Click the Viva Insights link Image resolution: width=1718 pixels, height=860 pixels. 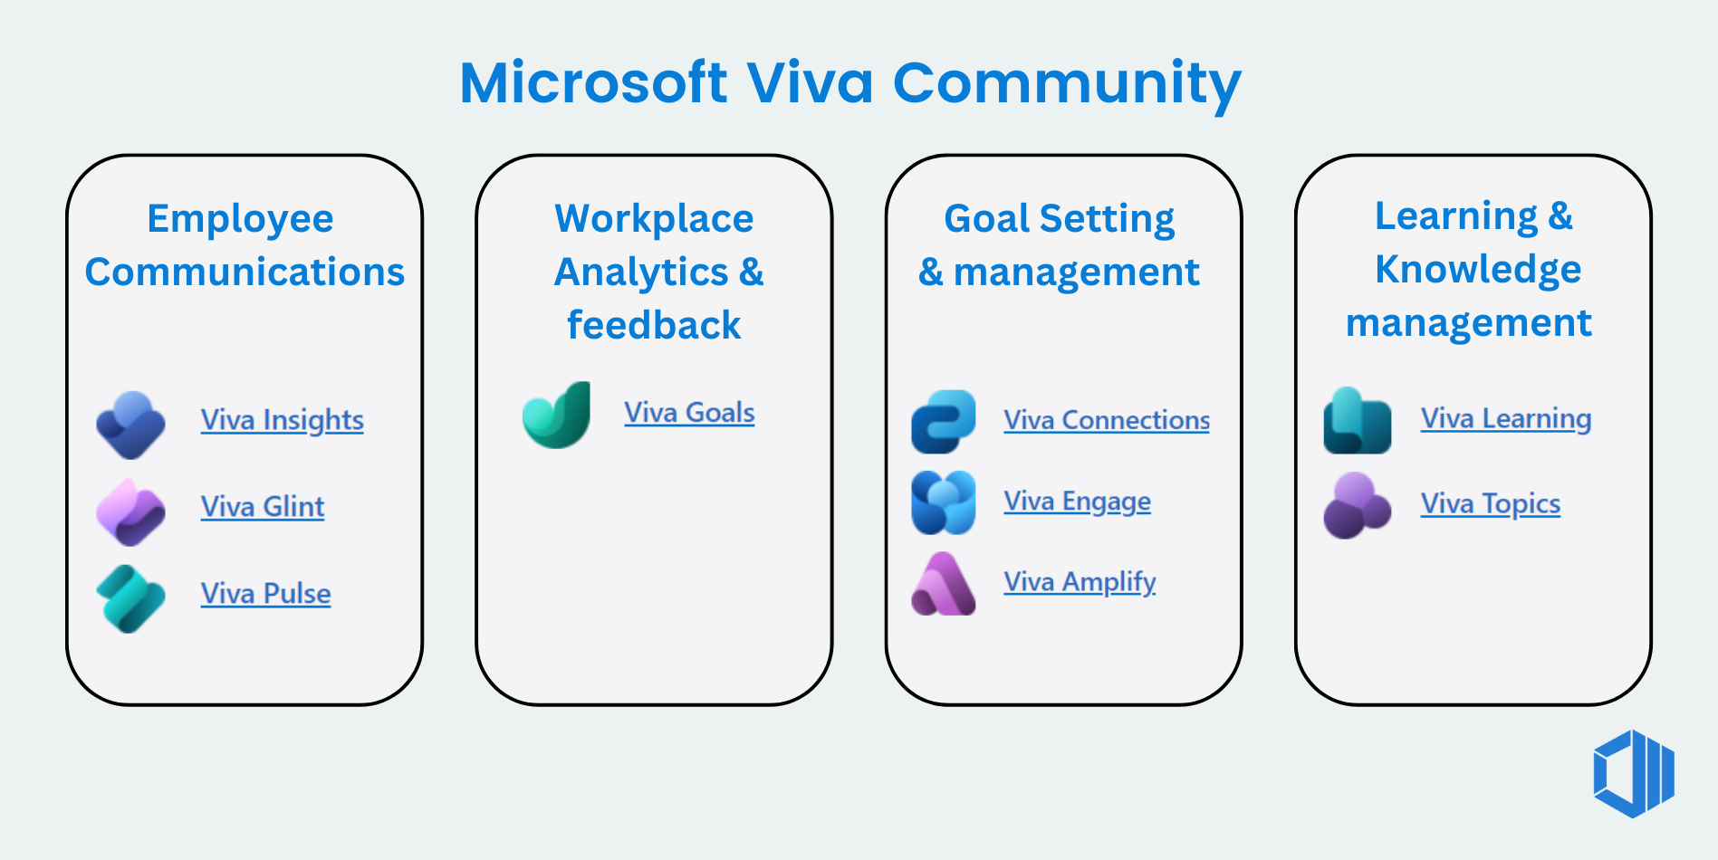[282, 420]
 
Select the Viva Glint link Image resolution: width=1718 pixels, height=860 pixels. [262, 507]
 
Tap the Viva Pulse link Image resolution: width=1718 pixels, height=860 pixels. [265, 594]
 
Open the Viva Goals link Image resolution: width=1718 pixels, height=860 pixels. [688, 413]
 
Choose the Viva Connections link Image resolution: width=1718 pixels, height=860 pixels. [1106, 420]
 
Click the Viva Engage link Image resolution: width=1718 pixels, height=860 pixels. [1077, 501]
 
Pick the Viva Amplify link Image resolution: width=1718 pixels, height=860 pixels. [1079, 581]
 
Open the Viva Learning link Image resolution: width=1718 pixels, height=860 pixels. [1505, 418]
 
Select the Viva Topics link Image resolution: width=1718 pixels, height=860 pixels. [1490, 503]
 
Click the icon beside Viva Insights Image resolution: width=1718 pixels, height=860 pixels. [131, 425]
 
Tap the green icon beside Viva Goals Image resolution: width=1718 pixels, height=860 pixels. [557, 416]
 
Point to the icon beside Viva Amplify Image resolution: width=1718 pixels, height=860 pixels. [943, 584]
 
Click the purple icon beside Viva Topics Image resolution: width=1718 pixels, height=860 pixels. [1356, 505]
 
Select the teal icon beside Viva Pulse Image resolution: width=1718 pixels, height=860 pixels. [131, 598]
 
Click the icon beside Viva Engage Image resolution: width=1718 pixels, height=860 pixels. [943, 502]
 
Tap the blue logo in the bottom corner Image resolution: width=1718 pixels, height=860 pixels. [1633, 774]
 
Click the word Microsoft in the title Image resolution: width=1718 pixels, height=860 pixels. [593, 83]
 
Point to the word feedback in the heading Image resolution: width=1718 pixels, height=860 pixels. [654, 325]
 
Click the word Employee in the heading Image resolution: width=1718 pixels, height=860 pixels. [240, 219]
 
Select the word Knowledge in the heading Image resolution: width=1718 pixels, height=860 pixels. [1477, 270]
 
